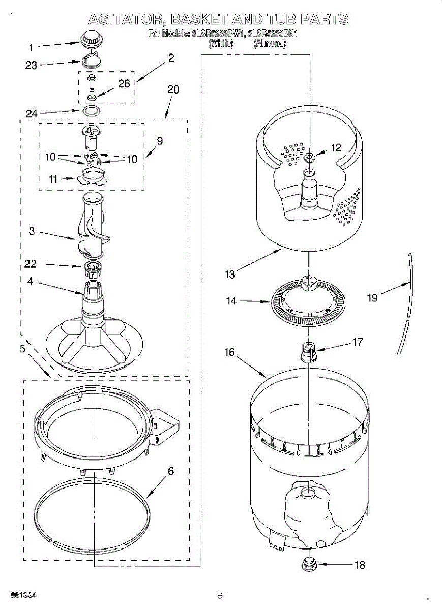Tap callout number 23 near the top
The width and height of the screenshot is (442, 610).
[32, 65]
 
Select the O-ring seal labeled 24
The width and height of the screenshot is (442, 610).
[91, 110]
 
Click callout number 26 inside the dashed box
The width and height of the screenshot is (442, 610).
[125, 84]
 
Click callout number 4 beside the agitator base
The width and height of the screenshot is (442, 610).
[31, 281]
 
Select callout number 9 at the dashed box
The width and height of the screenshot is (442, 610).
[160, 141]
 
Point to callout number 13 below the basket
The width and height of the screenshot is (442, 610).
[230, 274]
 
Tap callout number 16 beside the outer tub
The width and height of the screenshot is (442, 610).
[230, 352]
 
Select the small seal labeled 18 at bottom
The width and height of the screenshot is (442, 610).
[308, 563]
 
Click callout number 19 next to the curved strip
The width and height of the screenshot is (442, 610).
[373, 298]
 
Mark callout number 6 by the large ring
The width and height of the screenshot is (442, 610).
[170, 471]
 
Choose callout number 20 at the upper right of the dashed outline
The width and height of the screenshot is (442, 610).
[173, 89]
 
